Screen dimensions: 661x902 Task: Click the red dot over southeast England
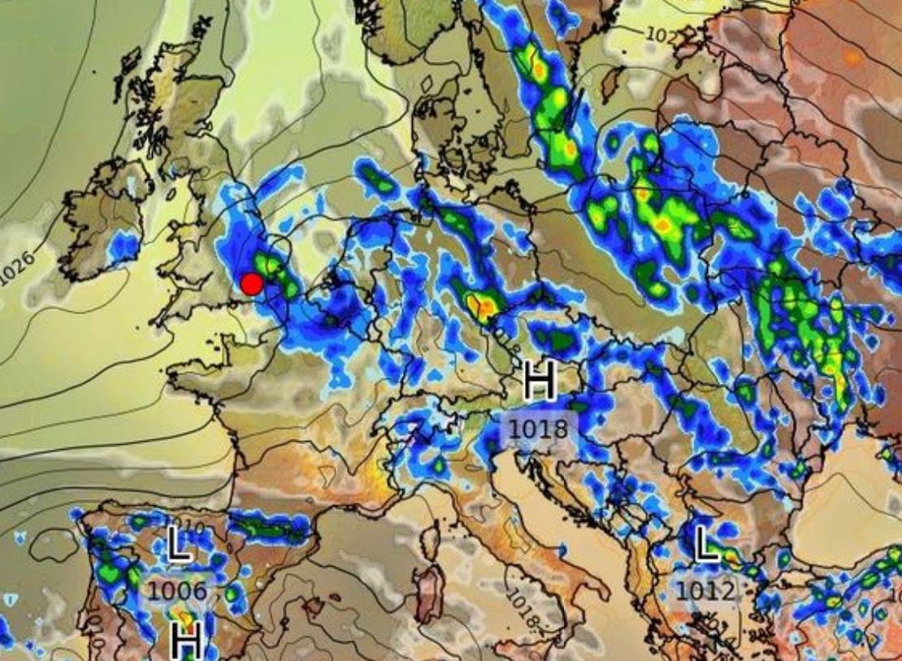click(252, 283)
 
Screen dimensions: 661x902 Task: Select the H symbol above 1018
click(540, 382)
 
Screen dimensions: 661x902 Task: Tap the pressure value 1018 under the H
click(539, 428)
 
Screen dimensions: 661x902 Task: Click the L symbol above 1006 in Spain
click(180, 544)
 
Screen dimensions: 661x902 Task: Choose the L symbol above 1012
click(707, 544)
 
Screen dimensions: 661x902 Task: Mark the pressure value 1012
click(705, 590)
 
